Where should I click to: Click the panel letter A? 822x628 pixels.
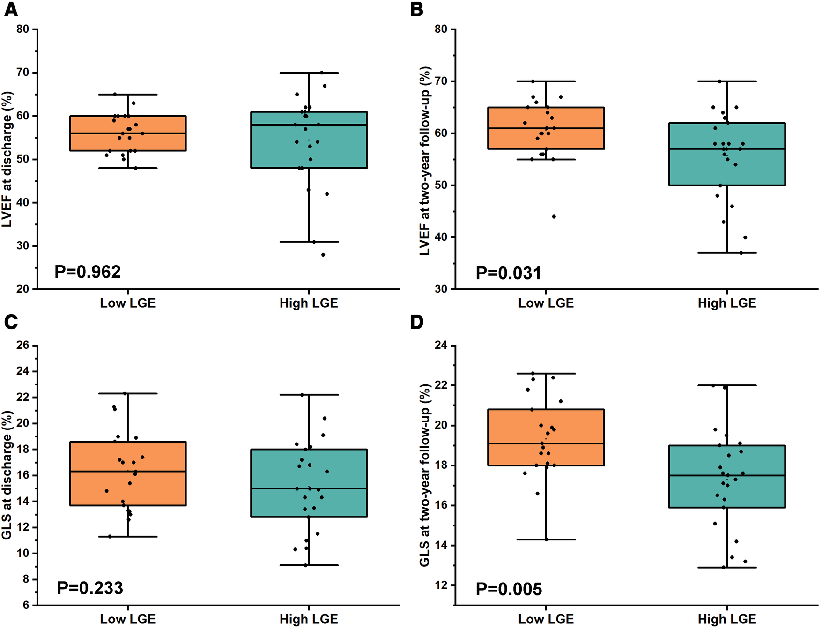(x=11, y=9)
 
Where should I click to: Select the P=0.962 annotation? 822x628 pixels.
(x=88, y=272)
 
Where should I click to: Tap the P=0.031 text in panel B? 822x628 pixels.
(x=508, y=273)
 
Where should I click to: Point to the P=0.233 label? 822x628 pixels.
(x=90, y=588)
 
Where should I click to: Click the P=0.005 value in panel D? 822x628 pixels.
(x=509, y=589)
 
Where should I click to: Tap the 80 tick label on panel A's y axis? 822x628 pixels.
(x=22, y=29)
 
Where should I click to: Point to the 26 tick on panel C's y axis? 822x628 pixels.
(x=22, y=346)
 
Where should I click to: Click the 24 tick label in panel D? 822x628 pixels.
(x=441, y=346)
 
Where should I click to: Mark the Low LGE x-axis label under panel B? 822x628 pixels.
(x=546, y=303)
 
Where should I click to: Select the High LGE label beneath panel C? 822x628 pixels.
(x=309, y=619)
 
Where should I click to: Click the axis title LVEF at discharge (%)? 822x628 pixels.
(x=7, y=159)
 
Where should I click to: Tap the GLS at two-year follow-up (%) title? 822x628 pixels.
(x=425, y=475)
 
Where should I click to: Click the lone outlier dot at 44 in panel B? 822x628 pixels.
(x=554, y=217)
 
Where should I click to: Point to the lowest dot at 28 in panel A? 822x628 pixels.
(x=323, y=255)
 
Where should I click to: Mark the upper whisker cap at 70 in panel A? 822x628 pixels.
(x=309, y=73)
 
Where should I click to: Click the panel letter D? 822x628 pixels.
(x=416, y=322)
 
